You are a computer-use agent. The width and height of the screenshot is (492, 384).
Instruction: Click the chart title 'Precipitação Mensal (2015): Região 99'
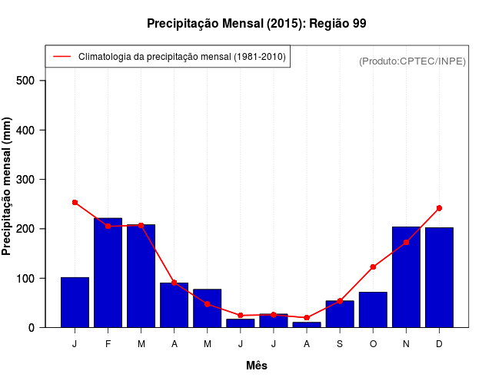coord(256,24)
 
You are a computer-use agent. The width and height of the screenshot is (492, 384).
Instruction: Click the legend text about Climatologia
coord(181,57)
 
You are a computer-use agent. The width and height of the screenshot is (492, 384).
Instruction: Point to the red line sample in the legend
coord(61,57)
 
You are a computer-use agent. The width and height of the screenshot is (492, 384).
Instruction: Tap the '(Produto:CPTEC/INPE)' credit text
coord(412,61)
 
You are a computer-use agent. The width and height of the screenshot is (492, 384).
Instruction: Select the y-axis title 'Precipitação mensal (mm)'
coord(8,187)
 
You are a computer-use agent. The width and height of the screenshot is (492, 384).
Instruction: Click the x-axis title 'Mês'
coord(257,366)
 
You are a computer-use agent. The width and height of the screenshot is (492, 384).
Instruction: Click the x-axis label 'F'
coord(108,344)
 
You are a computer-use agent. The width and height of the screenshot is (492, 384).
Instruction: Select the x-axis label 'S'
coord(340,344)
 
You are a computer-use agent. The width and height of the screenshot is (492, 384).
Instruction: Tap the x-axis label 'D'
coord(439,344)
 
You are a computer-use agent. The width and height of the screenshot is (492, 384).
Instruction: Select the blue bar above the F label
coord(108,273)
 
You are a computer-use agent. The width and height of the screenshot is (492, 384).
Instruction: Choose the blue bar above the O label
coord(373,310)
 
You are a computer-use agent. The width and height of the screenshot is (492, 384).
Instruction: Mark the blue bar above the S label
coord(340,314)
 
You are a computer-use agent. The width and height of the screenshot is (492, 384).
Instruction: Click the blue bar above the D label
coord(439,277)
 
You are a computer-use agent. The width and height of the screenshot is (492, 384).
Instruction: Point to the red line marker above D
coord(439,208)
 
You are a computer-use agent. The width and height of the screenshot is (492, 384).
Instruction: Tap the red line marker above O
coord(373,267)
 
